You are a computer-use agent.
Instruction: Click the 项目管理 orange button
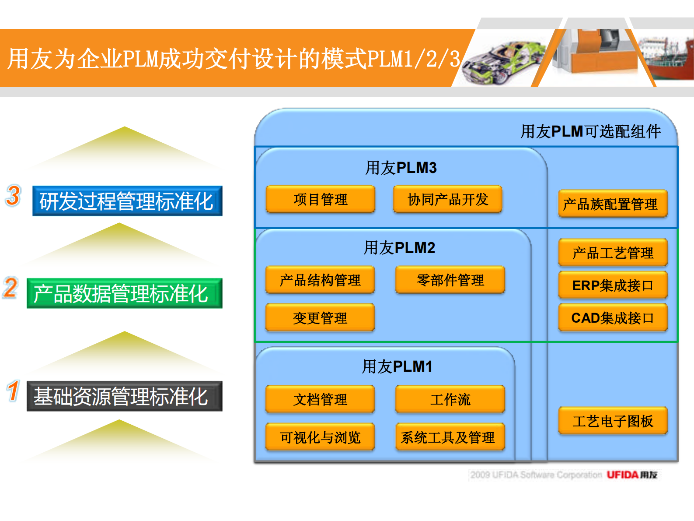point(321,200)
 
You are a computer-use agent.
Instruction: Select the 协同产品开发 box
point(448,200)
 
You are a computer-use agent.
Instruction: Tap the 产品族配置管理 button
point(613,204)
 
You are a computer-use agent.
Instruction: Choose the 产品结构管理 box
point(320,280)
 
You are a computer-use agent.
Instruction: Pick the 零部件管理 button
point(450,280)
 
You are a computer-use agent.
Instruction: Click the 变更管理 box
point(320,318)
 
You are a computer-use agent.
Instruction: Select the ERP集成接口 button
point(613,285)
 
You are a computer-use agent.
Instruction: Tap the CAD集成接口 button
point(613,318)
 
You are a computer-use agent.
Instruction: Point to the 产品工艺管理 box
point(613,253)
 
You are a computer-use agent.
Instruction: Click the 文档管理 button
point(320,399)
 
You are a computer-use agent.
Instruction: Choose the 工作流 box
point(450,399)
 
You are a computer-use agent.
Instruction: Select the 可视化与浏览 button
point(320,437)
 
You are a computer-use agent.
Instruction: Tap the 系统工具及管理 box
point(450,437)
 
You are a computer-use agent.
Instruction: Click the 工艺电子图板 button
point(613,421)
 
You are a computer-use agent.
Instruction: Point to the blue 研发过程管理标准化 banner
point(127,201)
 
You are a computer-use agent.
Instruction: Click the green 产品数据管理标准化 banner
point(124,293)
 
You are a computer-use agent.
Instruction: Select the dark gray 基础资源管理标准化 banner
point(124,396)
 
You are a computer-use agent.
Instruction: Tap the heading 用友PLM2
point(399,248)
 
